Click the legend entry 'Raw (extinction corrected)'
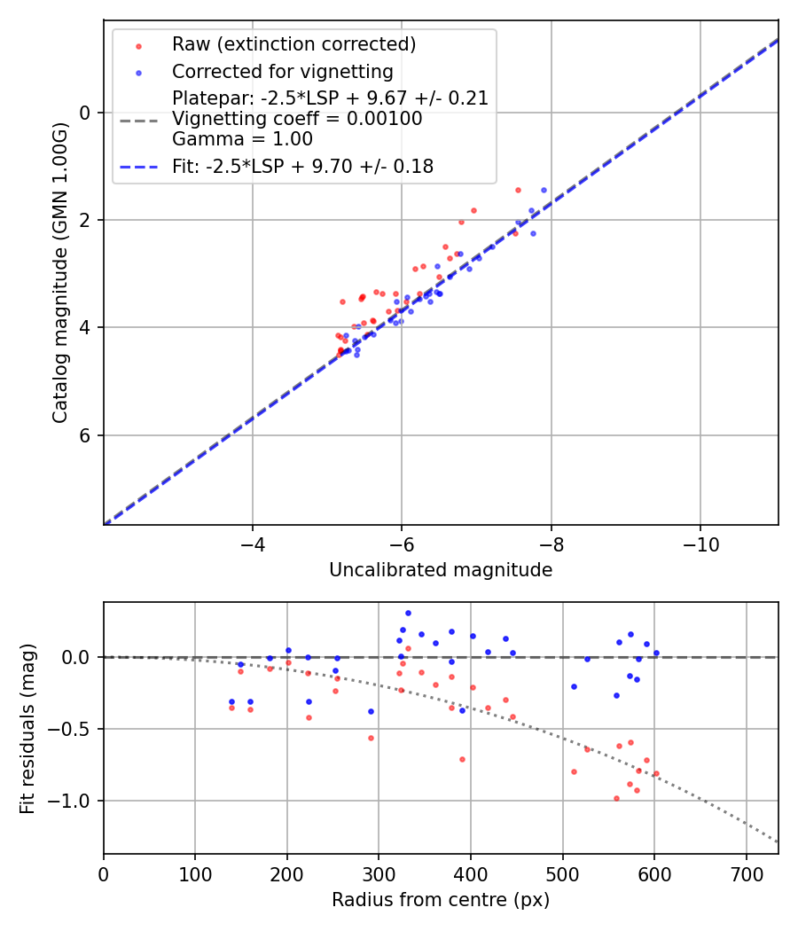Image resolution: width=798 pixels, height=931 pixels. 293,44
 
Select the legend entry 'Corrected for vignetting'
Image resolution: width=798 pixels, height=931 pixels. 282,71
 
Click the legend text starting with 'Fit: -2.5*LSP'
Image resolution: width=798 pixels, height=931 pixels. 302,167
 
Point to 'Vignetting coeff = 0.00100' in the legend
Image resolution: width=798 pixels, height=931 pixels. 297,119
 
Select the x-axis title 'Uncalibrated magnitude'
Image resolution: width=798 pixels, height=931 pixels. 441,570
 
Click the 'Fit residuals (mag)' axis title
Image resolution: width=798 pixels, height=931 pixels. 27,728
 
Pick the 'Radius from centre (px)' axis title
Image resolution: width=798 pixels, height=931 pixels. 441,900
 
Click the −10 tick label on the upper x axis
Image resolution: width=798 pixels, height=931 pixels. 700,541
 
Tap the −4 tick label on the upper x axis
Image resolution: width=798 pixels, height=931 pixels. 253,541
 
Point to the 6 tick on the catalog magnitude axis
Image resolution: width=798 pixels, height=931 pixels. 85,435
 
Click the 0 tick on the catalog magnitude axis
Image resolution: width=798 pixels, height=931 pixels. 85,113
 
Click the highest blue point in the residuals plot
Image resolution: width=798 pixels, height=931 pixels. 408,613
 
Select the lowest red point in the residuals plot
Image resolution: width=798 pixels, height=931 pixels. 616,798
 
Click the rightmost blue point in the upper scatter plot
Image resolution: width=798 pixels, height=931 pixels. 544,190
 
